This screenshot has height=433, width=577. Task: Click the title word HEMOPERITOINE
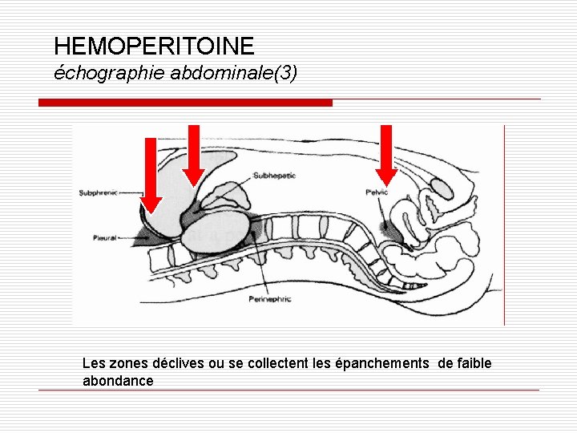pyautogui.click(x=154, y=46)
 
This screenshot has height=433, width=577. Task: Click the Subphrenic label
pyautogui.click(x=98, y=192)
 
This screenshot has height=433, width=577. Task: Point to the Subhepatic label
pyautogui.click(x=274, y=175)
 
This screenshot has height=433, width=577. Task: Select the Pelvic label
pyautogui.click(x=377, y=192)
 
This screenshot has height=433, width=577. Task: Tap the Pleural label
pyautogui.click(x=104, y=238)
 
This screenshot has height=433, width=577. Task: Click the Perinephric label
pyautogui.click(x=270, y=299)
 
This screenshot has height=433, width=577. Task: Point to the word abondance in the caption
pyautogui.click(x=118, y=381)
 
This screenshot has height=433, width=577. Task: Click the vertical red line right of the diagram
pyautogui.click(x=504, y=225)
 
